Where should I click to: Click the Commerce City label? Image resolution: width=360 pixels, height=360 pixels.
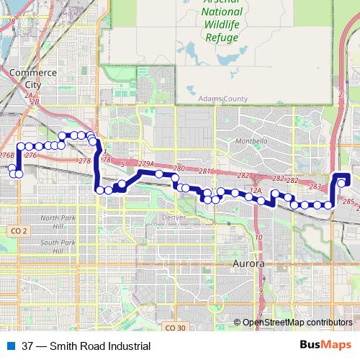(x=33, y=77)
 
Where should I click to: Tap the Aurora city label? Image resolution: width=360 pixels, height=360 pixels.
(x=249, y=264)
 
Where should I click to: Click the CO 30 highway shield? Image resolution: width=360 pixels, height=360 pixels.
(x=176, y=328)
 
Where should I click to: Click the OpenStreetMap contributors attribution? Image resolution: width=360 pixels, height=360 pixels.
(x=297, y=323)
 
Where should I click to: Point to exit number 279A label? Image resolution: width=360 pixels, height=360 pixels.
(x=146, y=164)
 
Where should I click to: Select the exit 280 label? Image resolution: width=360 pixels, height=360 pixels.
(x=179, y=168)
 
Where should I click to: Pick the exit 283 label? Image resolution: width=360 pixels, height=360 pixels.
(x=315, y=186)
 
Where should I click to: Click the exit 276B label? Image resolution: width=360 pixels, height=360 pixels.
(x=7, y=155)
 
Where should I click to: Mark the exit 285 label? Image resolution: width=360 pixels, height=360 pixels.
(x=349, y=201)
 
